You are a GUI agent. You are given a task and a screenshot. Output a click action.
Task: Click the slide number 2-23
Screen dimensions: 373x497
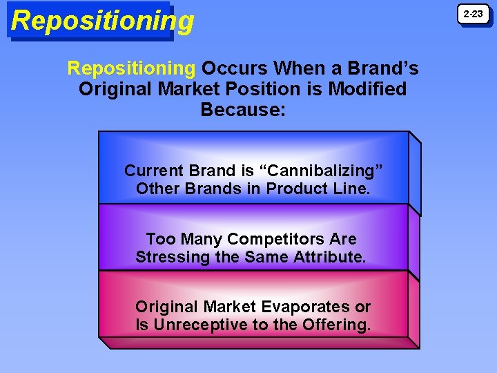tap(473, 14)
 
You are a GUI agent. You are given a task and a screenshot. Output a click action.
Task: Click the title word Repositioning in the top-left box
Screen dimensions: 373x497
tap(102, 21)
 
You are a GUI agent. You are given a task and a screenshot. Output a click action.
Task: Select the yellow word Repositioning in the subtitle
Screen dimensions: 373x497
tap(131, 68)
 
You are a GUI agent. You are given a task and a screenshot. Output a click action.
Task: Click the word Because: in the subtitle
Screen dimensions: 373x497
tap(242, 109)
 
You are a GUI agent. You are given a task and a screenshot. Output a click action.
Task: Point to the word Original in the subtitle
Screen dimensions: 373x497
tap(114, 89)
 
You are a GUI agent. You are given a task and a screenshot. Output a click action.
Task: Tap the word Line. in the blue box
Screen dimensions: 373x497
tap(349, 189)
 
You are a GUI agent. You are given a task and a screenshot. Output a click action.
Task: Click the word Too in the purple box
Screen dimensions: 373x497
tap(160, 239)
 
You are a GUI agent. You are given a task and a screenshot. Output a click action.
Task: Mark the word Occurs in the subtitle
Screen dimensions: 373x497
tap(234, 68)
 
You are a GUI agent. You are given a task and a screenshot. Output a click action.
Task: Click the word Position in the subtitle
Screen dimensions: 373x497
tap(261, 89)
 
